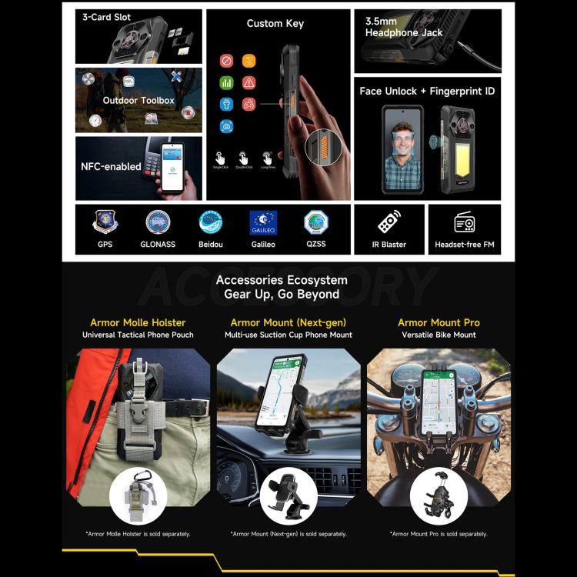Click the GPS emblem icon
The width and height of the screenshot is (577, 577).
105,222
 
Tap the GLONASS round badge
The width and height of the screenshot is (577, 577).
158,222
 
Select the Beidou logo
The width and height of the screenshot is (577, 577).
210,222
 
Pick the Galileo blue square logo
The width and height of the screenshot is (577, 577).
263,222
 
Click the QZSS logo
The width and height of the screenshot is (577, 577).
315,222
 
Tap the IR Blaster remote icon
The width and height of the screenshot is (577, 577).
389,223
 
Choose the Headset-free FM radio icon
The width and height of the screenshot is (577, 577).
464,223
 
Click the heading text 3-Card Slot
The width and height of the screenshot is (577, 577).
107,17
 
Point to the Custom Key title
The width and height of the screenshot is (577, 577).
275,24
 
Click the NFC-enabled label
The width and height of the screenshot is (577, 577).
111,166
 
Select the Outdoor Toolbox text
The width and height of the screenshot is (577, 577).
138,101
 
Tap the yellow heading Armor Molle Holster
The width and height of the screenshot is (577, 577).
138,322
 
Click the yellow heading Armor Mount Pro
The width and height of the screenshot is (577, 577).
439,322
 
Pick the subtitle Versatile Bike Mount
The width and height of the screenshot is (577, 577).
439,335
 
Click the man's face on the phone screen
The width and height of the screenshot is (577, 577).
402,132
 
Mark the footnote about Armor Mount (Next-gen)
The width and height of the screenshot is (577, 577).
288,534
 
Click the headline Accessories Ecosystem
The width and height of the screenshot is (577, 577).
282,280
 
